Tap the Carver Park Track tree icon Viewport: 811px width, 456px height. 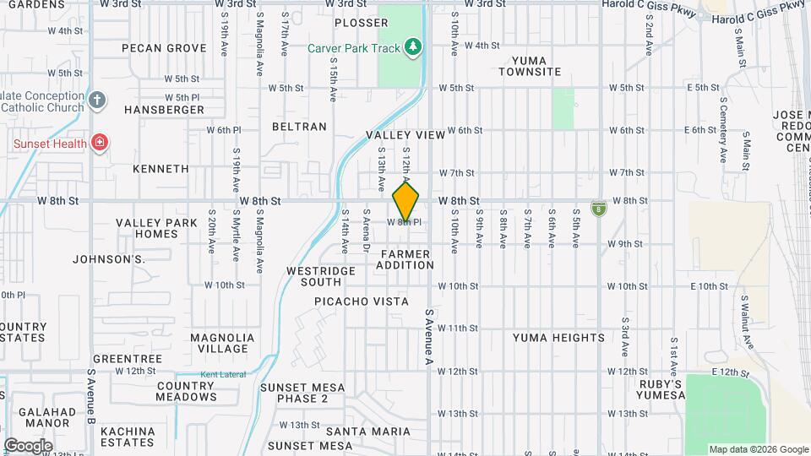pyautogui.click(x=413, y=48)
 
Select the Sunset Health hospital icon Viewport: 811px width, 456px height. pyautogui.click(x=100, y=144)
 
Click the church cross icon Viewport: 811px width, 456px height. pyautogui.click(x=97, y=101)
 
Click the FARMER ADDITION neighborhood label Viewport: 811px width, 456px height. pyautogui.click(x=405, y=259)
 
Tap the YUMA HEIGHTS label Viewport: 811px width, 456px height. pyautogui.click(x=558, y=338)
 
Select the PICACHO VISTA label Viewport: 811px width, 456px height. pyautogui.click(x=362, y=301)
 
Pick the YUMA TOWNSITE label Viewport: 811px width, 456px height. pyautogui.click(x=530, y=66)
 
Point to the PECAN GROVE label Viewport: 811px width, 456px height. pyautogui.click(x=164, y=48)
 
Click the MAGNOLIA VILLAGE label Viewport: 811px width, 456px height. pyautogui.click(x=223, y=343)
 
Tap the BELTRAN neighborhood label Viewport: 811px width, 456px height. pyautogui.click(x=299, y=127)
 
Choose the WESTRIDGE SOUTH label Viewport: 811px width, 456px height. pyautogui.click(x=314, y=276)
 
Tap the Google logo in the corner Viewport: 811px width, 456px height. pyautogui.click(x=28, y=445)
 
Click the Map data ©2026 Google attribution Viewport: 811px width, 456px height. pyautogui.click(x=759, y=449)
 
